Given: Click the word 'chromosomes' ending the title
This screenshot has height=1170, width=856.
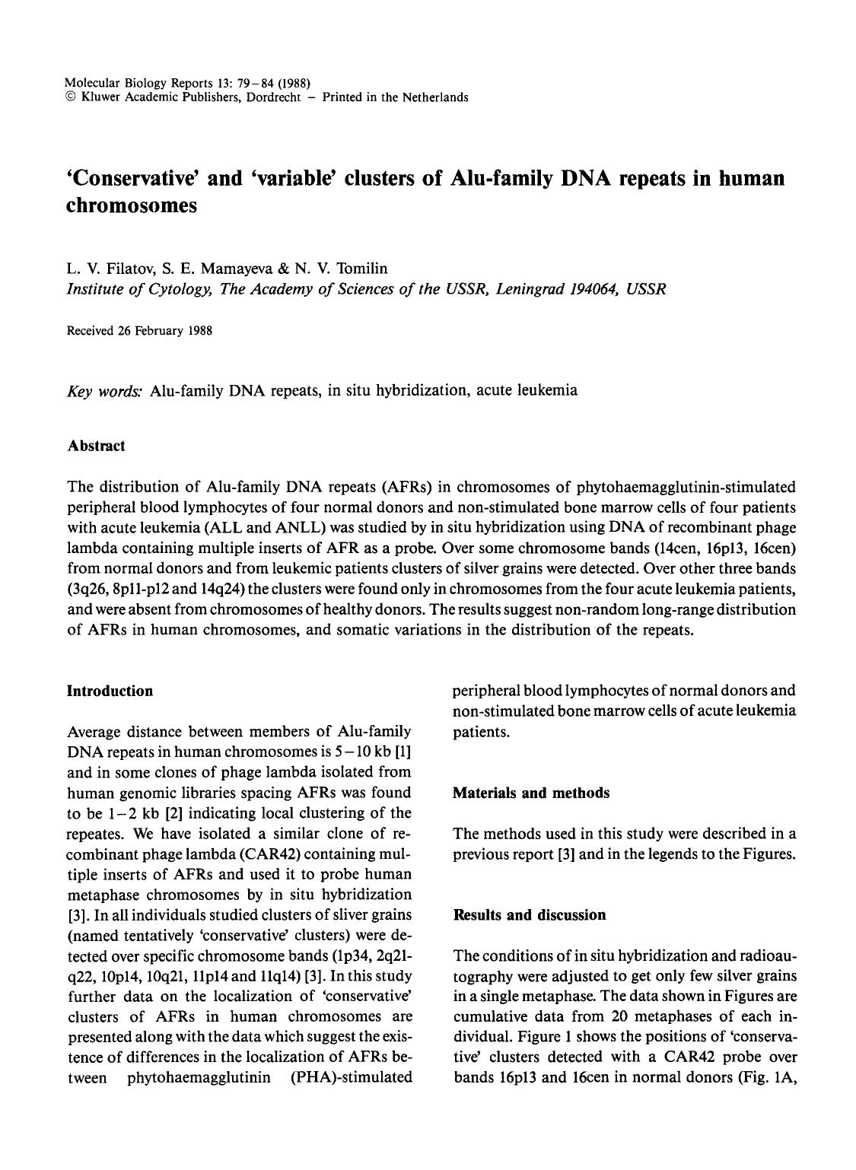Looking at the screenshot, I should pyautogui.click(x=132, y=206).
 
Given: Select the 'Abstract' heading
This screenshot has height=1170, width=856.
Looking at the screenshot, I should pyautogui.click(x=96, y=446).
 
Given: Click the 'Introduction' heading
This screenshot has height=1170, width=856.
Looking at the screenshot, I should pyautogui.click(x=110, y=691).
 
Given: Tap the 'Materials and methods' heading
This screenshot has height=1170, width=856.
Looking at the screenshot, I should pyautogui.click(x=530, y=793).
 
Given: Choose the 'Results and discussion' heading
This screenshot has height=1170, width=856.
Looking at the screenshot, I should pyautogui.click(x=529, y=914).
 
